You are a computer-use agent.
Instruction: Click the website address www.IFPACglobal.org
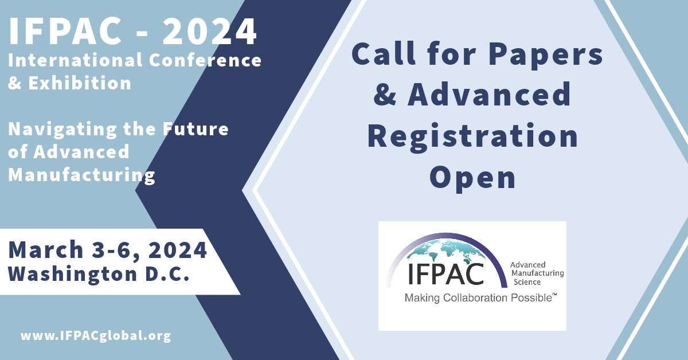96,336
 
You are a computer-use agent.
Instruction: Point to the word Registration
472,136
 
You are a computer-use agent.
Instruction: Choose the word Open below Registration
472,178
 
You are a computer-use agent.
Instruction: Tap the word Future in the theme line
198,129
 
